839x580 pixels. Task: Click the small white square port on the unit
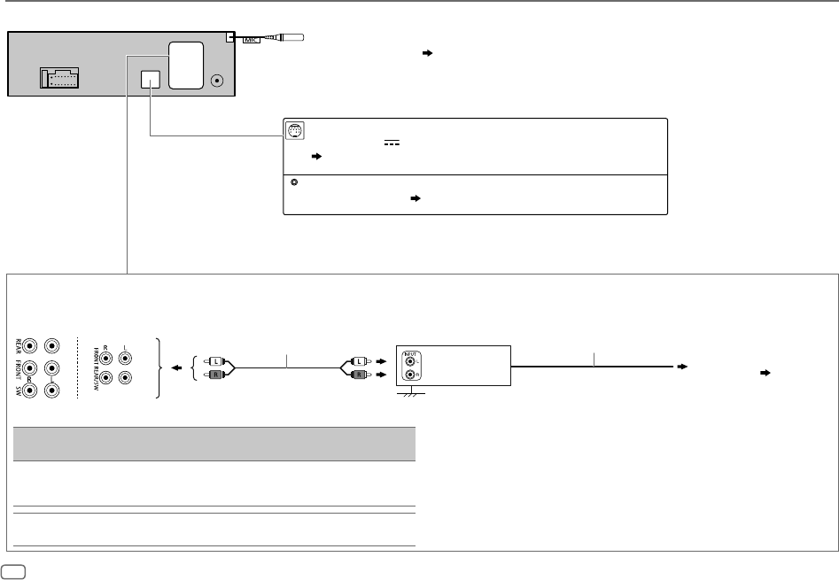150,80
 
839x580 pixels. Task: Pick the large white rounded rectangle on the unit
187,66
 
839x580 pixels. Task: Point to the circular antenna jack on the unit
218,82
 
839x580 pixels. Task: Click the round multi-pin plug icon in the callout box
295,131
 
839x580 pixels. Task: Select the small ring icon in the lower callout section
292,183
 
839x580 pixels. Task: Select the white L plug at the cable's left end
214,361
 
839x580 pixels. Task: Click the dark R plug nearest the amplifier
359,375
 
